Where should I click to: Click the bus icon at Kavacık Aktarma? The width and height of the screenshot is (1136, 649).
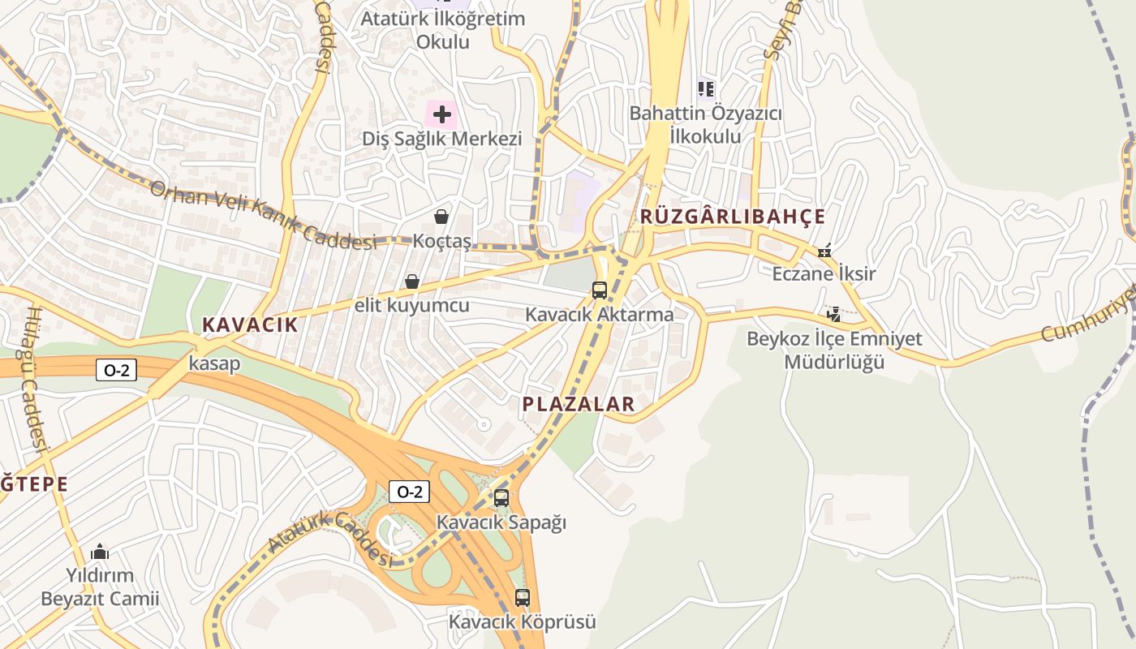tap(600, 290)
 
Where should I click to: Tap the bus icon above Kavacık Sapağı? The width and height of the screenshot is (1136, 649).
tap(501, 497)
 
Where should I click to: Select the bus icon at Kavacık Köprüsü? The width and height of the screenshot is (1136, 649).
tap(523, 598)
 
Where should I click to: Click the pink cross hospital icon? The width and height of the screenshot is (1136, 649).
tap(441, 114)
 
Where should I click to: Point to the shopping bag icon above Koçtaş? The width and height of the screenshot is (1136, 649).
tap(441, 217)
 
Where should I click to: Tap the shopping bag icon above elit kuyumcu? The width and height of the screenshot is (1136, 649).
tap(412, 282)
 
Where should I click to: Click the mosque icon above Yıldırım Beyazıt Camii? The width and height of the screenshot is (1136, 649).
tap(100, 552)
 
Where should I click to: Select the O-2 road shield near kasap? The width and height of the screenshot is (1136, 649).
tap(116, 371)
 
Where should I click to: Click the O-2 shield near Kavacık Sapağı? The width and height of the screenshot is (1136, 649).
tap(409, 492)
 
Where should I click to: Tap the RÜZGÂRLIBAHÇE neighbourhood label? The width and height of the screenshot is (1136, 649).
tap(733, 217)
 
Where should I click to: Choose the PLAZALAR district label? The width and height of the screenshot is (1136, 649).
tap(579, 404)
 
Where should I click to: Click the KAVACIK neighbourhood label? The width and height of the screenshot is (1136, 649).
tap(250, 325)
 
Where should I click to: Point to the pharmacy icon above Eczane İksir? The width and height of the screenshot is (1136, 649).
tap(824, 251)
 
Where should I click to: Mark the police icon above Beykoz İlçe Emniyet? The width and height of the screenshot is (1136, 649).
tap(833, 314)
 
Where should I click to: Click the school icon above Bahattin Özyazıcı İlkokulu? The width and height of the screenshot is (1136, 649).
tap(705, 88)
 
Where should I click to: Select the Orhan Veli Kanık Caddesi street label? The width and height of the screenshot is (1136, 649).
tap(265, 215)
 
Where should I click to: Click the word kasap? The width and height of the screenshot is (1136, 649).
tap(214, 363)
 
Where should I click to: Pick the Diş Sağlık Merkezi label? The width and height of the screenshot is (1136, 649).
tap(441, 139)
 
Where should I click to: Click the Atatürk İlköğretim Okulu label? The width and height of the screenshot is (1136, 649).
tap(443, 29)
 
